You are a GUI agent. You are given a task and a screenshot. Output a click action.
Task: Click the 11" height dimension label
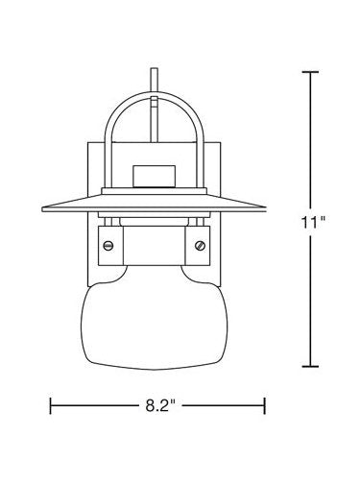tap(313, 222)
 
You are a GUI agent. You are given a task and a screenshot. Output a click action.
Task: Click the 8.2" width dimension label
tap(160, 405)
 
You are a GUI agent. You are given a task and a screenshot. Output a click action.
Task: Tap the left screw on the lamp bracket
tap(108, 246)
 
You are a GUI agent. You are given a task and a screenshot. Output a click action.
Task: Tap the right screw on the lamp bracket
tap(201, 246)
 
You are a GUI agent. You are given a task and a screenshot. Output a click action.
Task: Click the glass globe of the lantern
tap(155, 320)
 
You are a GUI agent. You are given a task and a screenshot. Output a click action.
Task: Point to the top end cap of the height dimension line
tap(310, 72)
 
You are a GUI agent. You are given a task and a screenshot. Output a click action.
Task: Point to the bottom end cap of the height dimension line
tap(310, 366)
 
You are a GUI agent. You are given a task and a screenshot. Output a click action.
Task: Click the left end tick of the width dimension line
tap(50, 405)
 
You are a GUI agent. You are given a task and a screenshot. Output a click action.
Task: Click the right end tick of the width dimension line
tap(265, 405)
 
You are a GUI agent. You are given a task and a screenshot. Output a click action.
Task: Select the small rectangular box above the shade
tap(155, 176)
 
